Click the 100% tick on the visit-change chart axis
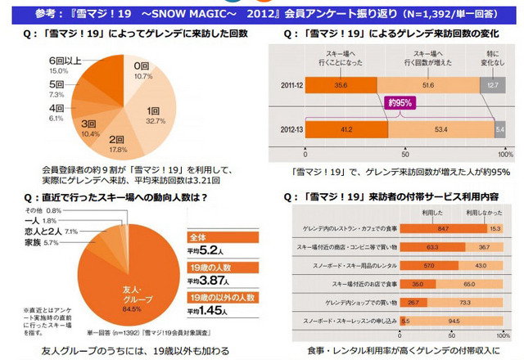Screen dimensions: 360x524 pos(505,154)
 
